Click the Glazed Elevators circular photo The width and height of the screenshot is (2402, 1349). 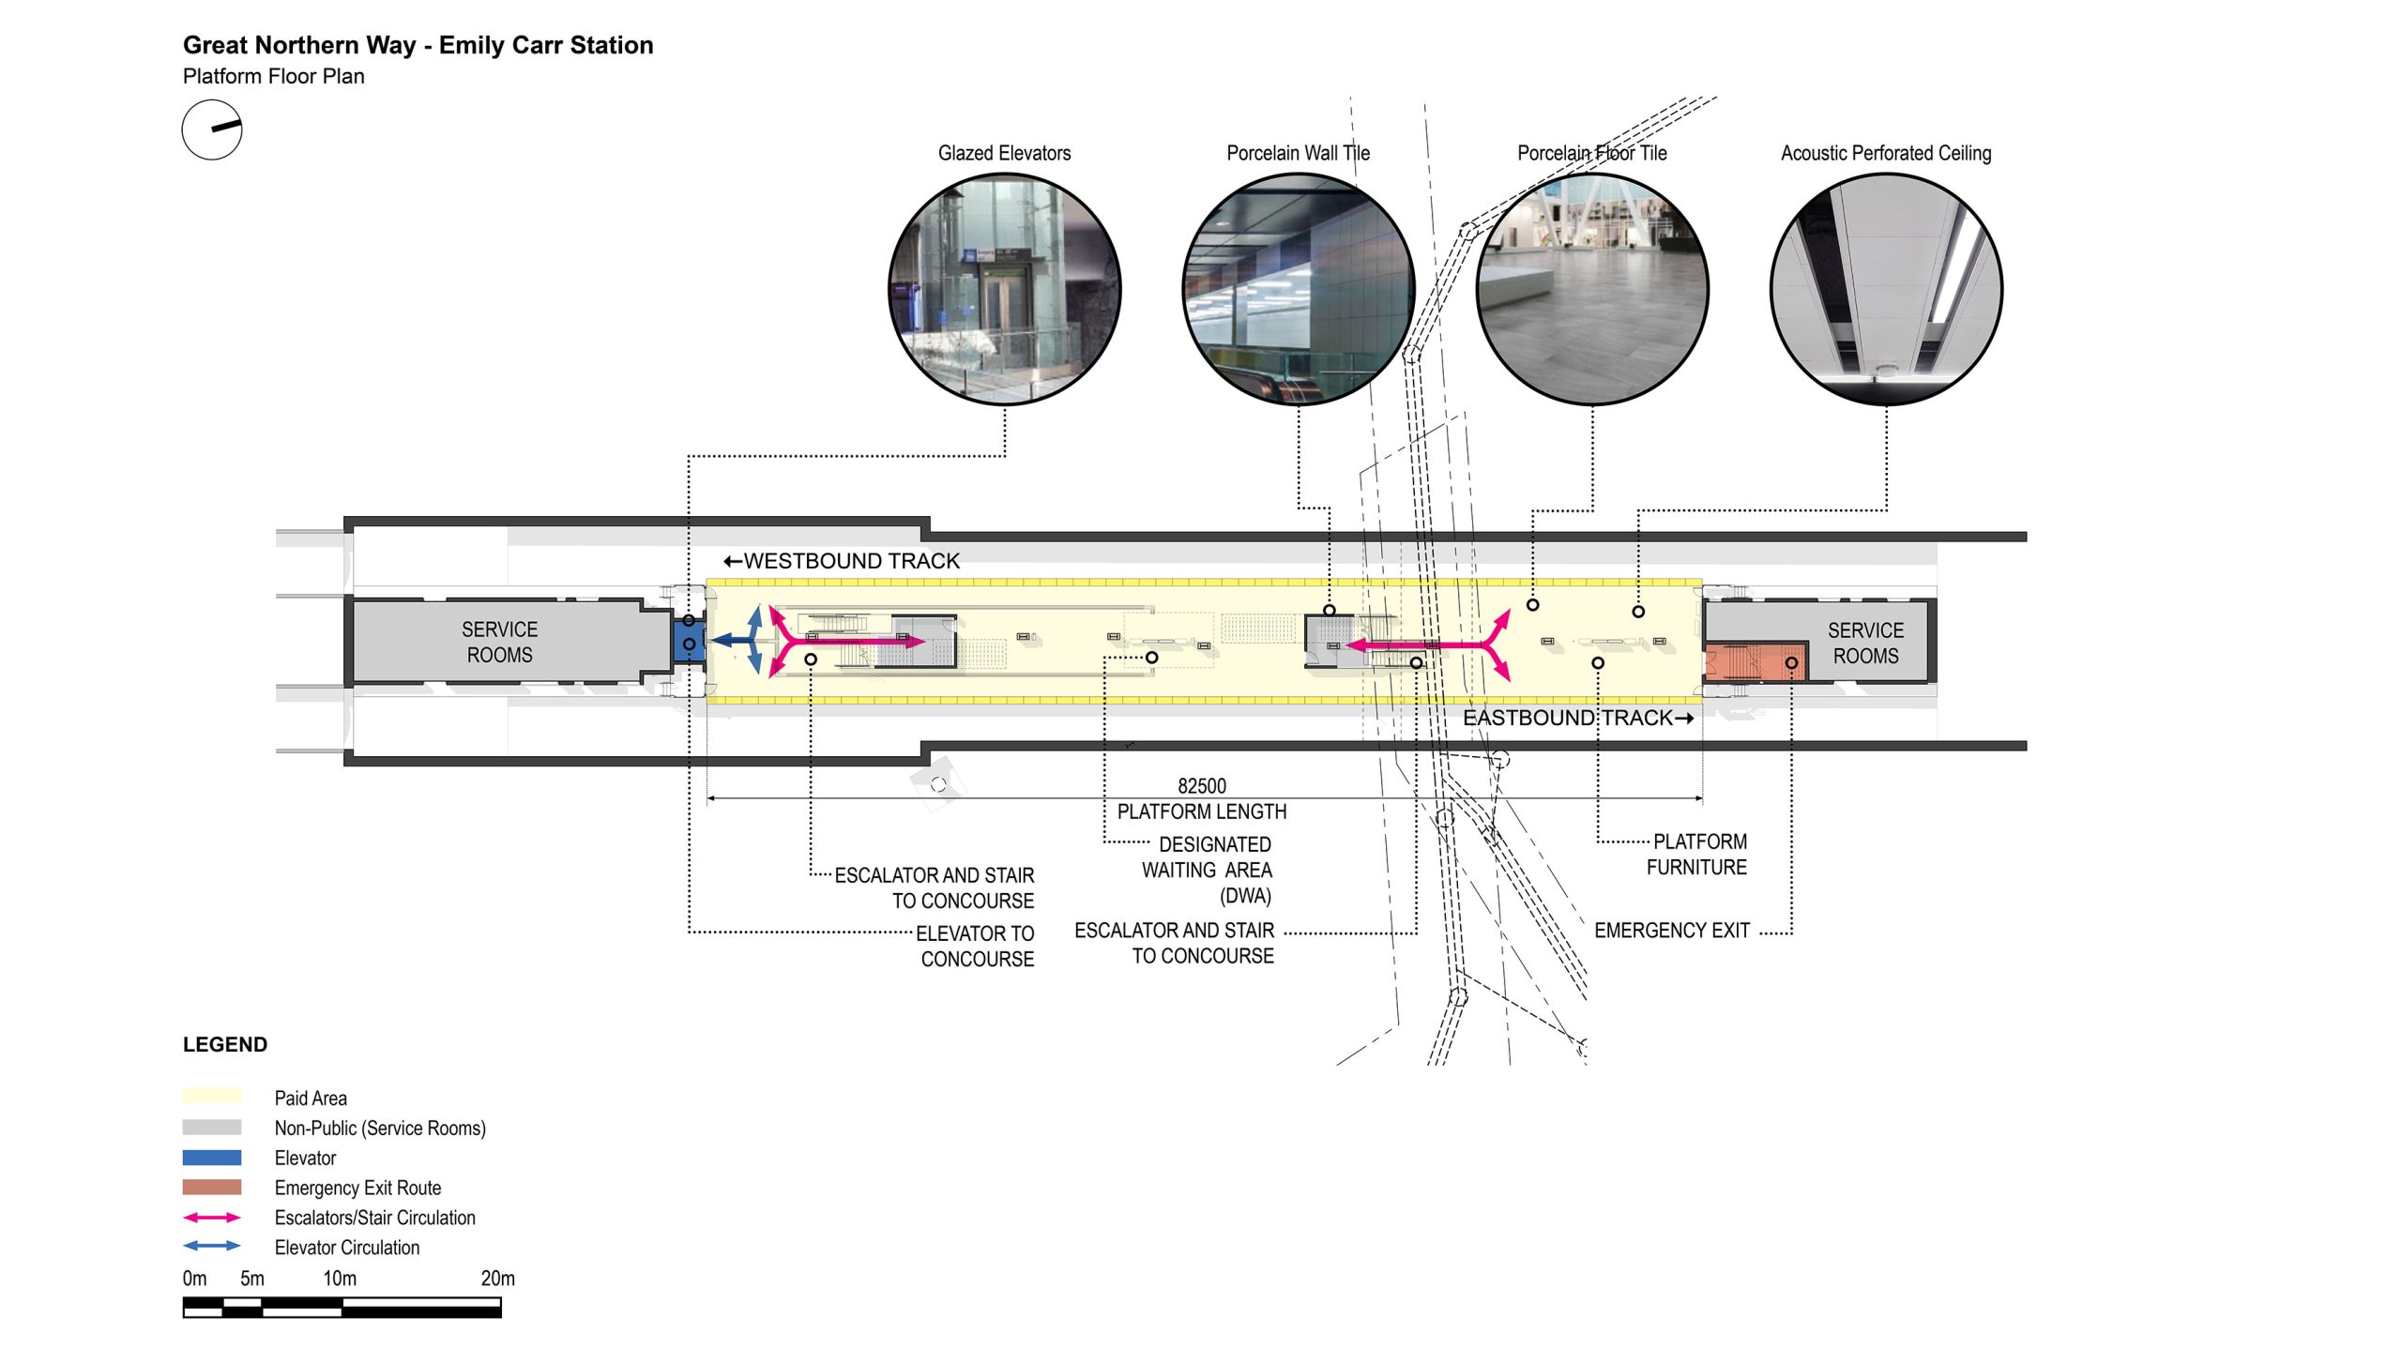coord(1004,289)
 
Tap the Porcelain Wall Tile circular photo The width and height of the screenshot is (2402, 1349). coord(1299,289)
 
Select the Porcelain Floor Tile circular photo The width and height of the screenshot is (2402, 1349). coord(1592,289)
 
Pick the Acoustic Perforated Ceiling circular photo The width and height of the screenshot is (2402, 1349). coord(1886,289)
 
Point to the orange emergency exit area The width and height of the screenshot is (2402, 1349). coord(1755,662)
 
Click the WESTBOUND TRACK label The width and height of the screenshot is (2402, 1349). coord(842,561)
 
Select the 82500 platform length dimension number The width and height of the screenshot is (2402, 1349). coord(1202,786)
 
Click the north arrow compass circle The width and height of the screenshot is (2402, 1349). coord(212,129)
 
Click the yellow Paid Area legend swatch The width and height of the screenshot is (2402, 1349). coord(212,1096)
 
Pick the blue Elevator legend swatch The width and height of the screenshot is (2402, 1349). coord(212,1158)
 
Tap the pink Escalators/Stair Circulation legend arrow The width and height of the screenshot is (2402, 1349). coord(212,1218)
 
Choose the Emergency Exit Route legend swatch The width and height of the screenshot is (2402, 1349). coord(212,1188)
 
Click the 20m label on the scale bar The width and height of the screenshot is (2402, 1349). coord(497,1279)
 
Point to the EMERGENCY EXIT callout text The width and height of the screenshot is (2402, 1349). coord(1671,931)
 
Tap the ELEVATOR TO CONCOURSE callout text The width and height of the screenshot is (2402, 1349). coord(976,946)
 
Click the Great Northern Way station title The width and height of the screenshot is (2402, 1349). coord(418,45)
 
